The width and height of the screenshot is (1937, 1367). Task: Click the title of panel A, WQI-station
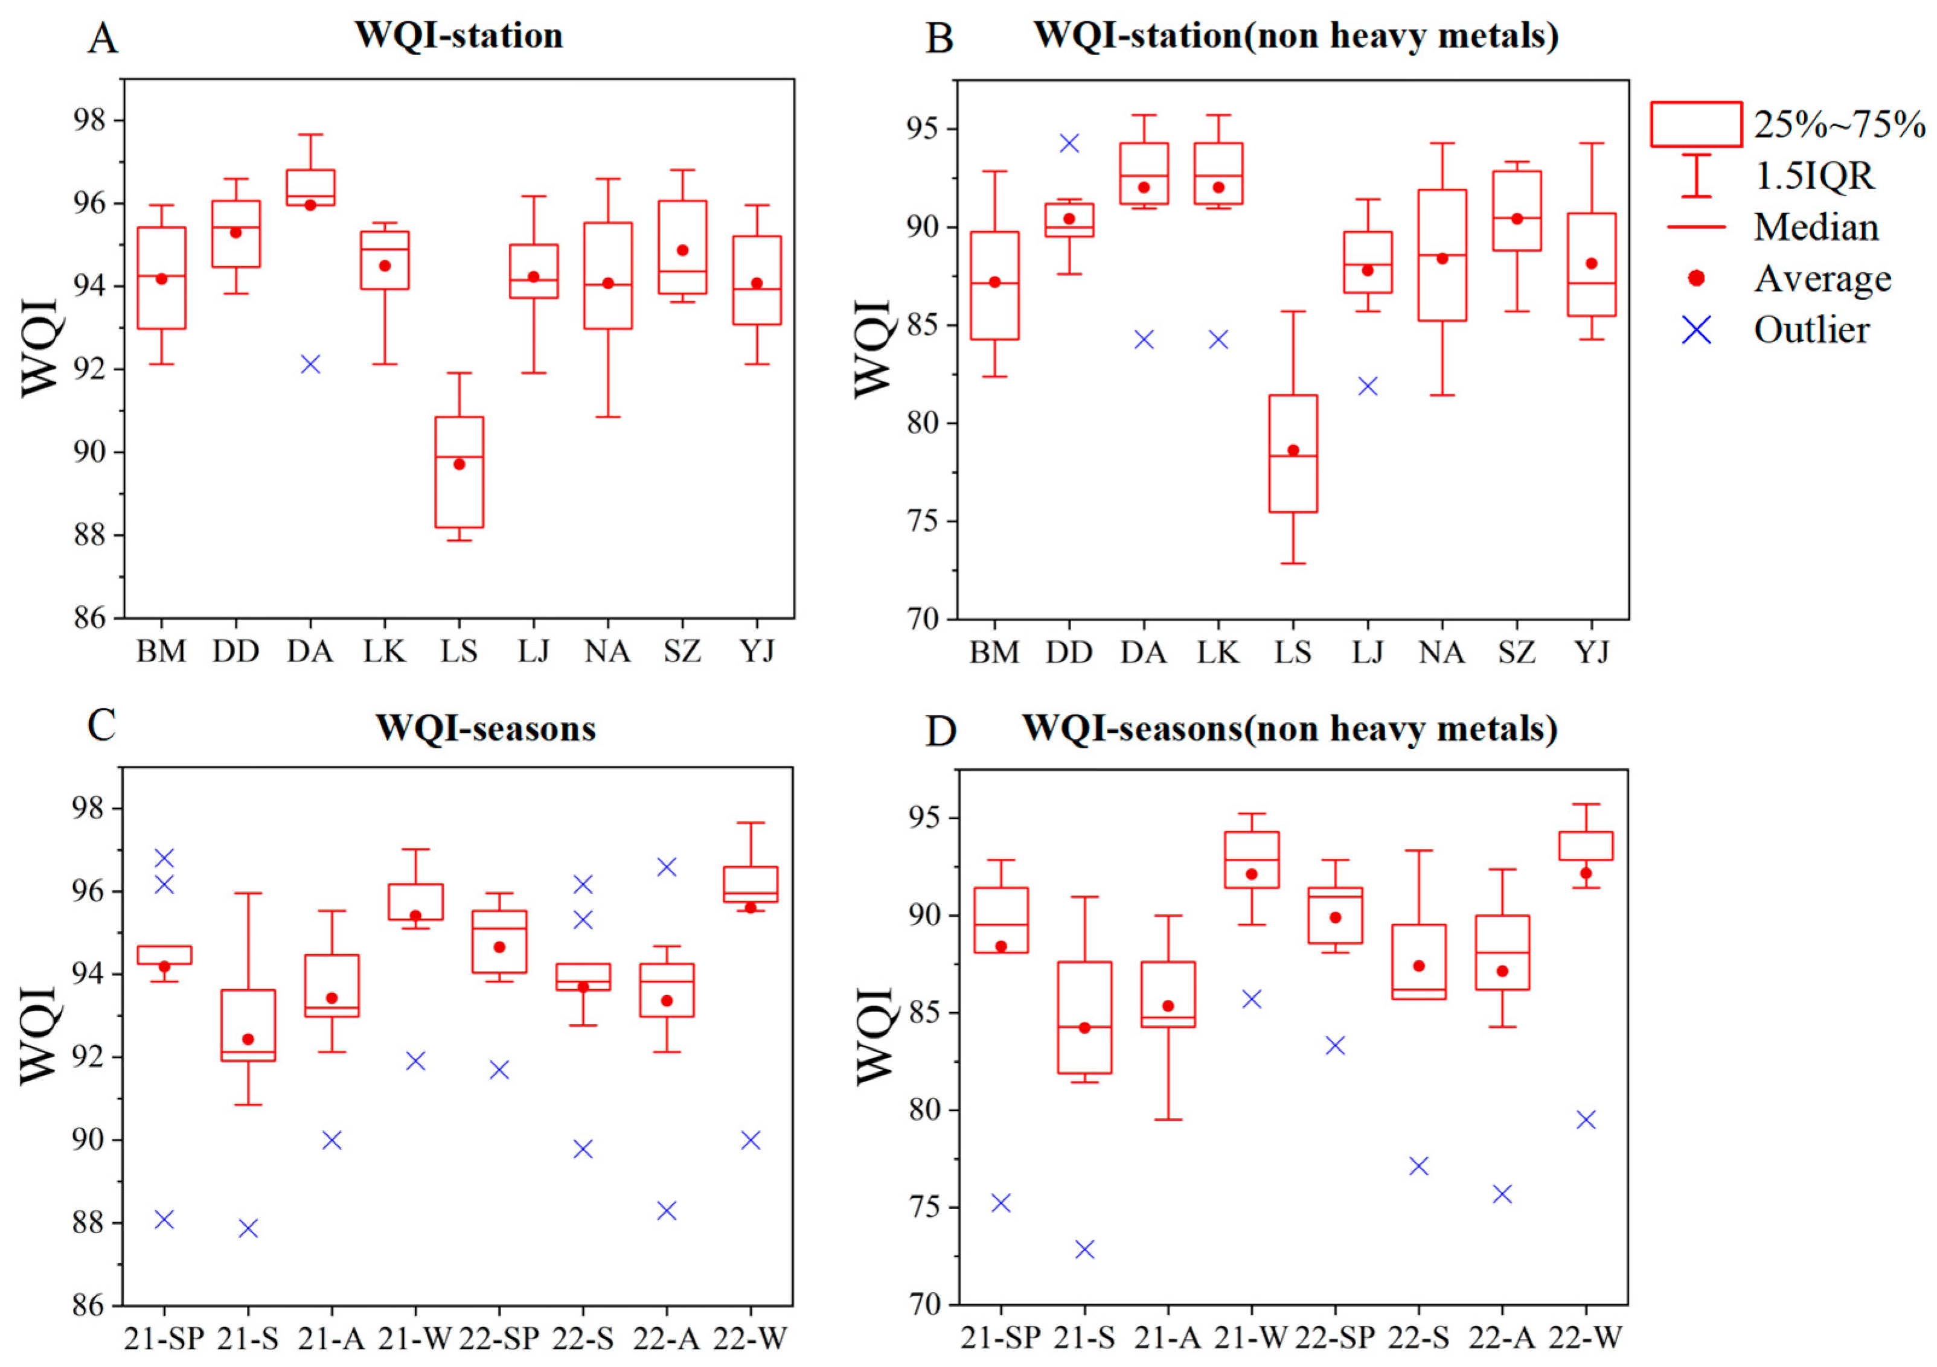pyautogui.click(x=458, y=36)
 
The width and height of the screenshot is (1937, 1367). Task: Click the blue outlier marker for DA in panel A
pyautogui.click(x=310, y=365)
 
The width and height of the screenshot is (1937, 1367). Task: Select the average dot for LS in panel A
pyautogui.click(x=459, y=464)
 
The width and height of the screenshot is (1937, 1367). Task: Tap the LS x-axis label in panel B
pyautogui.click(x=1293, y=652)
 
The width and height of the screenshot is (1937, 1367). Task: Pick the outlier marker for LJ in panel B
pyautogui.click(x=1368, y=386)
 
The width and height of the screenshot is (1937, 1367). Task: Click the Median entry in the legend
pyautogui.click(x=1816, y=228)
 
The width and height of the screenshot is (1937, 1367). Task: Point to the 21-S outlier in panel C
pyautogui.click(x=248, y=1228)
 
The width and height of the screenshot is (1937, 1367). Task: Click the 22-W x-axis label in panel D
pyautogui.click(x=1586, y=1337)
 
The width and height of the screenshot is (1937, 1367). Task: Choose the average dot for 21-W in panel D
pyautogui.click(x=1251, y=874)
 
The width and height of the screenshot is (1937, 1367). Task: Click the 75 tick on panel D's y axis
pyautogui.click(x=926, y=1208)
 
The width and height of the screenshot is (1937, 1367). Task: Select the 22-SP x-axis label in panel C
pyautogui.click(x=499, y=1337)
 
